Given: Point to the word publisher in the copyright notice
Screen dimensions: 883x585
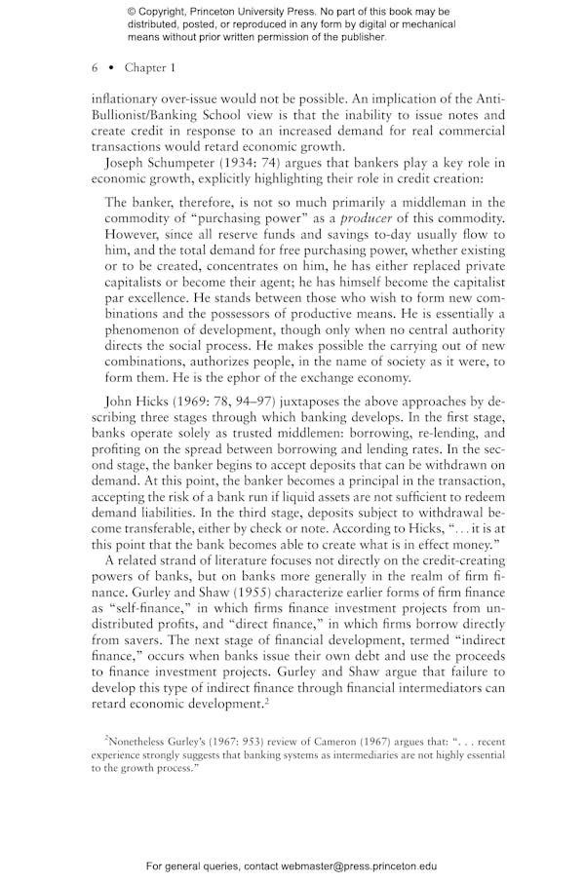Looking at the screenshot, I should (x=359, y=38).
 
